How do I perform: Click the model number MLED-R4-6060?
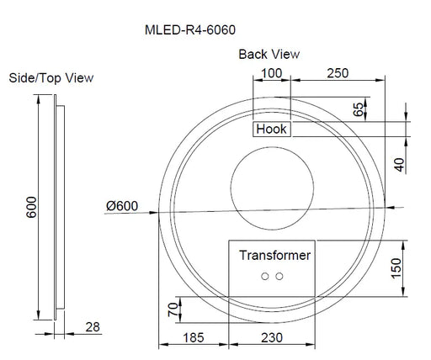pos(190,29)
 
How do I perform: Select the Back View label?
pos(269,54)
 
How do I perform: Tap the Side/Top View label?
pos(51,78)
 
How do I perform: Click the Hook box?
pos(272,129)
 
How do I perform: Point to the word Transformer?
pos(274,255)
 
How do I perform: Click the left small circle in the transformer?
pos(265,276)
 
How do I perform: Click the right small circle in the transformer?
pos(279,276)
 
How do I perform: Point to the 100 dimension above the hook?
pos(271,74)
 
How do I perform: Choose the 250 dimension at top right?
pos(337,74)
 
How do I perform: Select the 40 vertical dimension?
pos(400,162)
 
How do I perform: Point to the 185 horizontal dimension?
pos(193,339)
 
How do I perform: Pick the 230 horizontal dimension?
pos(273,339)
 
